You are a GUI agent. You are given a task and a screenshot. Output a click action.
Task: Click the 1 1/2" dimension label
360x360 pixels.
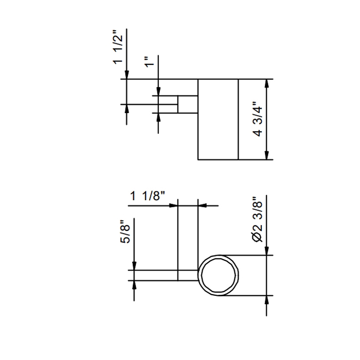coord(118,47)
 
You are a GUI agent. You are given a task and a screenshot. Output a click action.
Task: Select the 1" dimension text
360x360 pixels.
coord(150,62)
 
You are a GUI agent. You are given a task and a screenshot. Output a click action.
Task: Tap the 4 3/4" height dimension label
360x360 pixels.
coord(258,118)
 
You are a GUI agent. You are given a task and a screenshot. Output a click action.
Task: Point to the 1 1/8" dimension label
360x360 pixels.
coord(148,196)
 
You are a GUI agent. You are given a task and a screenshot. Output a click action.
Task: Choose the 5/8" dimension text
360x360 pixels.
coord(125,232)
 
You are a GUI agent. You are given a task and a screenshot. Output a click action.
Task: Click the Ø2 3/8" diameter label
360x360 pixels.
coord(257,219)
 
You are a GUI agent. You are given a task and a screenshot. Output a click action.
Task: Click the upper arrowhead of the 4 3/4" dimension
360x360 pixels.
coord(266,83)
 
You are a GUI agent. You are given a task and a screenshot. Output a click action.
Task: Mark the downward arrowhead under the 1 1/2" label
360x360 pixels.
coord(127,75)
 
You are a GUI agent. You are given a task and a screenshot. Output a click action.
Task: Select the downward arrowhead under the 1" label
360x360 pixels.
coord(158,91)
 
